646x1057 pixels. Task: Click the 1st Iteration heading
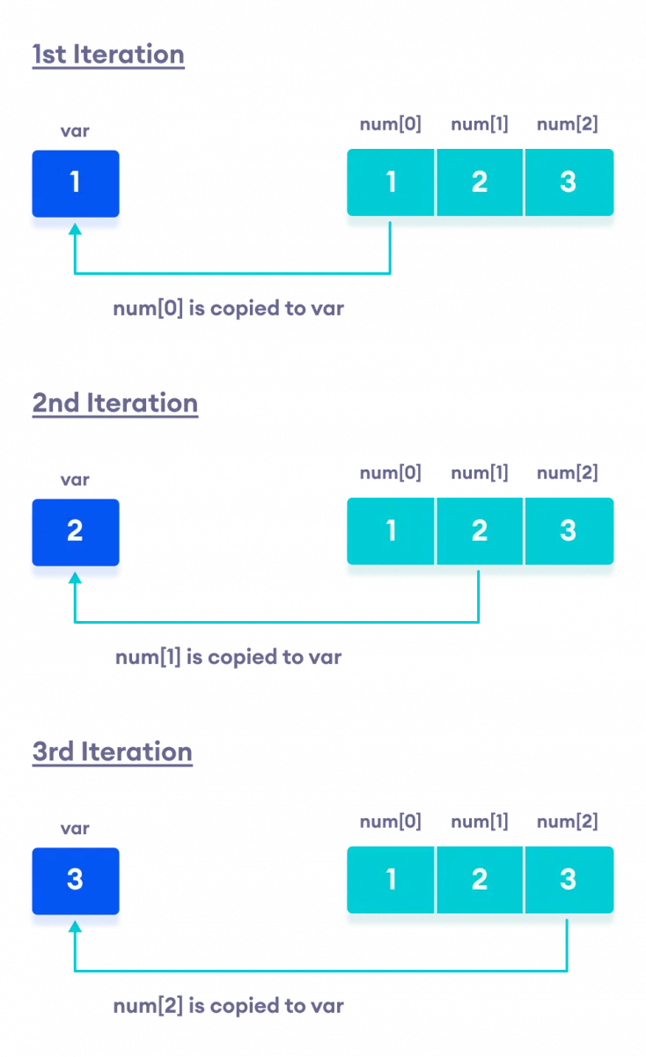tap(108, 55)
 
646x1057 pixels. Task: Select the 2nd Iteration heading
tap(115, 403)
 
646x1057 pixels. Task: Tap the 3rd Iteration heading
tap(113, 752)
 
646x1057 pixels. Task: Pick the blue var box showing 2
tap(75, 532)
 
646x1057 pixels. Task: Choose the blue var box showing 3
tap(75, 881)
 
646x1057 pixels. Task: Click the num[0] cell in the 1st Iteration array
tap(391, 183)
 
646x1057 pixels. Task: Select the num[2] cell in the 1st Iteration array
tap(569, 183)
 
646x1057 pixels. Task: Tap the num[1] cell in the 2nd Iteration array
tap(480, 532)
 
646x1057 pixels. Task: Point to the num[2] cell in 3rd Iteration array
tap(569, 881)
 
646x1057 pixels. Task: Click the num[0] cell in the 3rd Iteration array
tap(391, 881)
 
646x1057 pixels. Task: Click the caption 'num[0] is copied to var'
tap(228, 309)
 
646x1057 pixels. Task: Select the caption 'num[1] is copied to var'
tap(228, 657)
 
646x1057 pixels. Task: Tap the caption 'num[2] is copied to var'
tap(228, 1006)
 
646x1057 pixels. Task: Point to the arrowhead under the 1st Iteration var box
tap(75, 228)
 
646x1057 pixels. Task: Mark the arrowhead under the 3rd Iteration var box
tap(75, 926)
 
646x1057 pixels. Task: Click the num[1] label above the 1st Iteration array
tap(480, 124)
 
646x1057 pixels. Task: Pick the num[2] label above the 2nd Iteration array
tap(568, 473)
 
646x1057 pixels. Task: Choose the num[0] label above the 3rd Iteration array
tap(391, 822)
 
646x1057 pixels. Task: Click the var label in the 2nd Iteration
tap(75, 480)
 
